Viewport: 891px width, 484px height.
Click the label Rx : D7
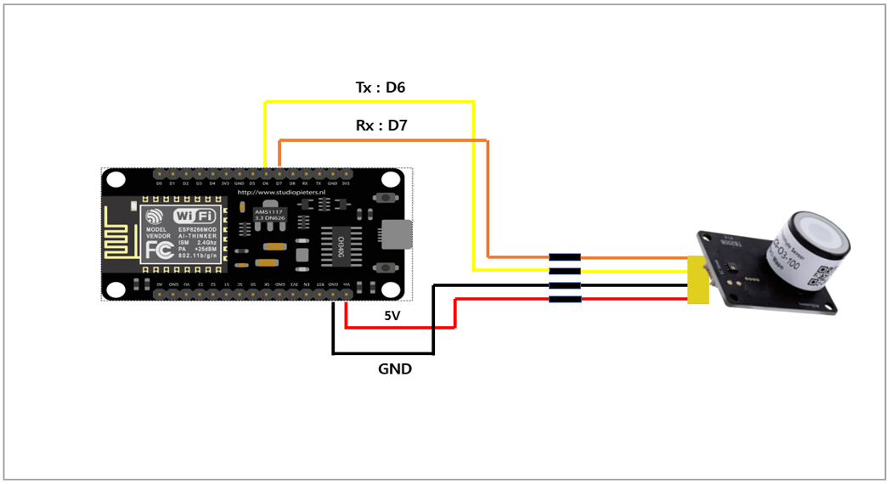381,126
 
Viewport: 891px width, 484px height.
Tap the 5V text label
392,316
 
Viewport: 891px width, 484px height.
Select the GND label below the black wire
395,369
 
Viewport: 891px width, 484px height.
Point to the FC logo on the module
161,249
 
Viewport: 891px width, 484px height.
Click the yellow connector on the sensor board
698,279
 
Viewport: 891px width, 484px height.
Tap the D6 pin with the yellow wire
265,173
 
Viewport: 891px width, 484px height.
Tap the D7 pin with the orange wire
279,173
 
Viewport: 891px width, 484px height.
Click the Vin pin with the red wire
346,294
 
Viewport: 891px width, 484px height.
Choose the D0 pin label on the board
159,183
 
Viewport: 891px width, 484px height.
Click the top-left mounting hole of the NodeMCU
116,180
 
